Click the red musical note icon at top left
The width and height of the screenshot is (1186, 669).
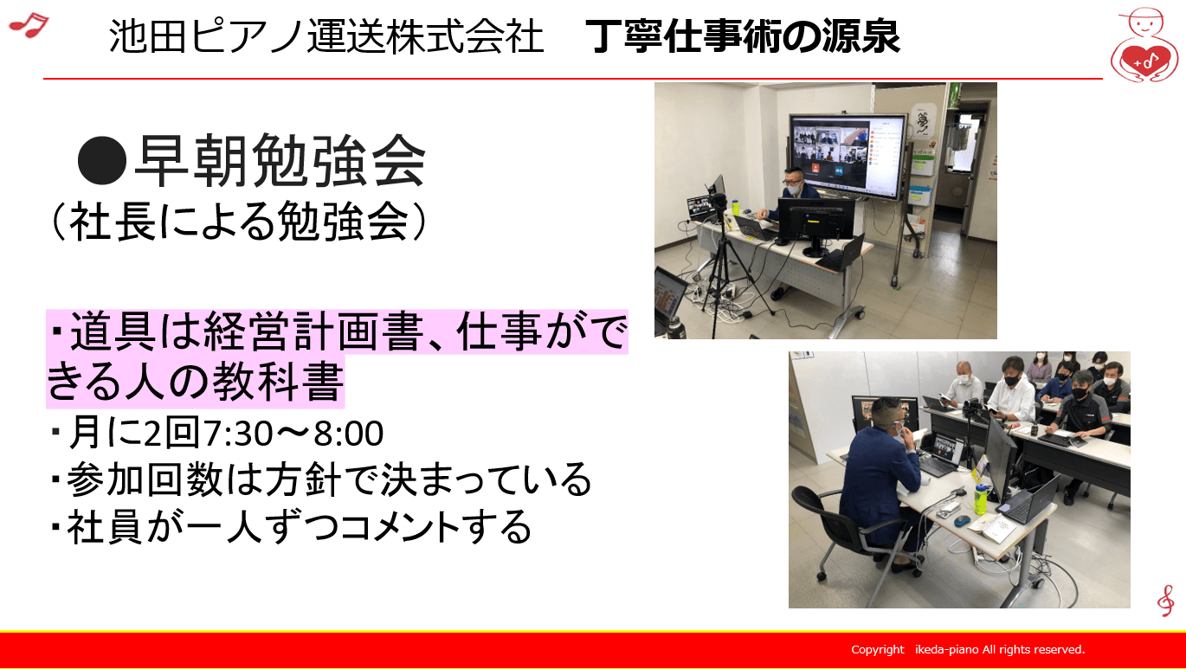point(28,25)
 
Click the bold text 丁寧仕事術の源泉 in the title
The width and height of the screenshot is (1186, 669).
point(743,37)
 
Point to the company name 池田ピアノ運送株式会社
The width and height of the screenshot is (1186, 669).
point(326,37)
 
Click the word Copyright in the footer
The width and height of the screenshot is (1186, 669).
point(878,649)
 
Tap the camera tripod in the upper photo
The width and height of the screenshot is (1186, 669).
point(718,260)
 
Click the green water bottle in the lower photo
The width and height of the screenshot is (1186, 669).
point(980,499)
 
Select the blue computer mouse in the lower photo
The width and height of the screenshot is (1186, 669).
point(962,519)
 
